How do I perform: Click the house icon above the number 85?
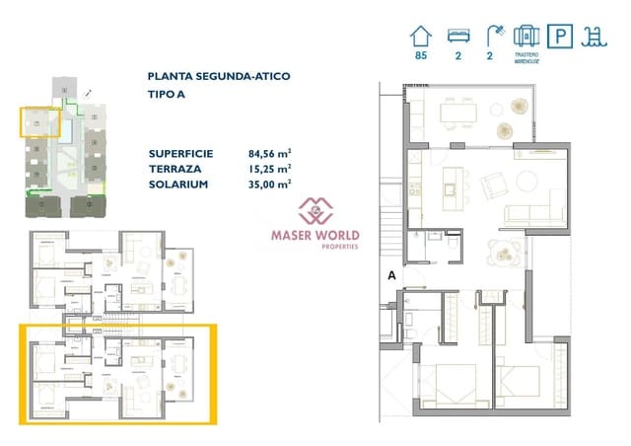pos(422,36)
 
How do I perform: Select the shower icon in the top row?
pos(492,36)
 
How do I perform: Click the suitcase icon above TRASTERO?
pos(526,35)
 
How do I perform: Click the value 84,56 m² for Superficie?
pos(269,153)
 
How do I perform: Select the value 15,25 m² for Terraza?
pos(269,169)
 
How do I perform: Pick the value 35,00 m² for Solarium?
pos(269,184)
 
